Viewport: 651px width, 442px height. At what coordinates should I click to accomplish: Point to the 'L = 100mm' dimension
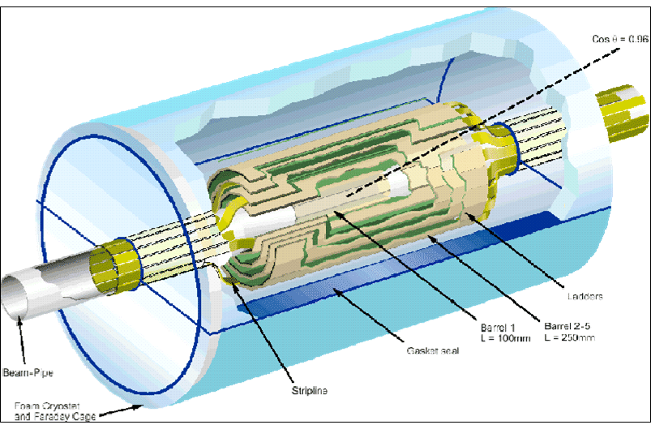pyautogui.click(x=503, y=337)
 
